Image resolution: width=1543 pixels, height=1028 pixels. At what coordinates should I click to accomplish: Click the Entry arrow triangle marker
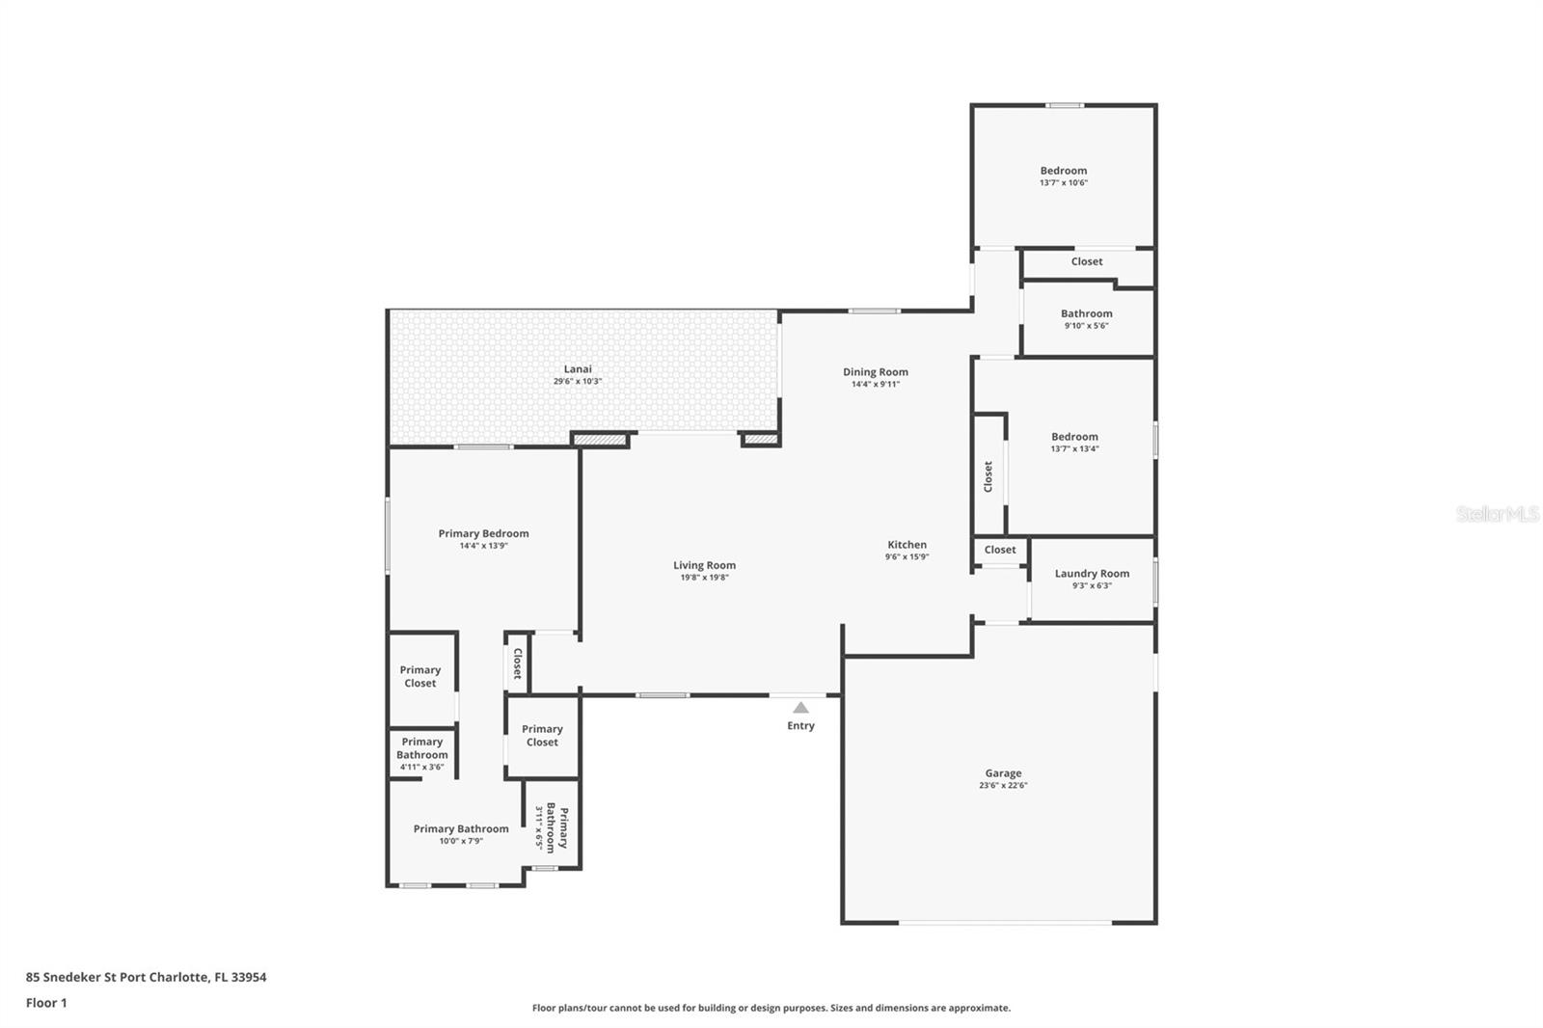[x=800, y=707]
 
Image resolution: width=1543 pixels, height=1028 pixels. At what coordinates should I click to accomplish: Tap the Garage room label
[x=1003, y=773]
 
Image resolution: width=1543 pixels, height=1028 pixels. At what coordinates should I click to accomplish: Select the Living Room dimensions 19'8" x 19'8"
[x=704, y=578]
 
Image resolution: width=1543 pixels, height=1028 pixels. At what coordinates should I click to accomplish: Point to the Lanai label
[x=578, y=368]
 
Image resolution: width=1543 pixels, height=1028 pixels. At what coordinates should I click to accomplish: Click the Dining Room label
[x=876, y=372]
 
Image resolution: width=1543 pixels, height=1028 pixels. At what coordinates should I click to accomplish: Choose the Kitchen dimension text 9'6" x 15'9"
[x=907, y=556]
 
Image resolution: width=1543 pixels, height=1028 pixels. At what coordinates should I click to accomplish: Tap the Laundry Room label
[x=1092, y=573]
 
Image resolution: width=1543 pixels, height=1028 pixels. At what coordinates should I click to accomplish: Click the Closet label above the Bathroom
[x=1086, y=261]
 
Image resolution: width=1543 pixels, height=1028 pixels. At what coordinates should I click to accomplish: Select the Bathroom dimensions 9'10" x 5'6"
[x=1086, y=326]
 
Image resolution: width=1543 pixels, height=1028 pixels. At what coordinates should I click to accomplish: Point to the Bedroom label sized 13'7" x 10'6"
[x=1064, y=170]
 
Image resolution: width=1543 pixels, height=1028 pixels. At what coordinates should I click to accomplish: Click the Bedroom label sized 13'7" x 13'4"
[x=1074, y=436]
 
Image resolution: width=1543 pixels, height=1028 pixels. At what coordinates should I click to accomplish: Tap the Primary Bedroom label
[x=483, y=533]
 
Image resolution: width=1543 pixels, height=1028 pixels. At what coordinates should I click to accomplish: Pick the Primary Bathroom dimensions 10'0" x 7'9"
[x=461, y=841]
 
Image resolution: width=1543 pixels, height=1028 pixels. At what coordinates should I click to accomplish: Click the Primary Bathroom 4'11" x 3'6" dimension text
[x=421, y=767]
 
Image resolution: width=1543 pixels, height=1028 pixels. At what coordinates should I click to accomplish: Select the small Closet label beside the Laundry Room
[x=999, y=549]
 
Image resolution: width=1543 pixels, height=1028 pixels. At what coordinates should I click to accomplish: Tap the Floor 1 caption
[x=46, y=1003]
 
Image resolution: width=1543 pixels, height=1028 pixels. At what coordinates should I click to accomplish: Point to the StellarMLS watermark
[x=1499, y=513]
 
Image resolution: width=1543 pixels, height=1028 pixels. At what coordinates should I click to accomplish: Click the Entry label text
[x=800, y=725]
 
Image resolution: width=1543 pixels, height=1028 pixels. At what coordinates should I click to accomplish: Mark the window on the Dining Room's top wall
[x=874, y=311]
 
